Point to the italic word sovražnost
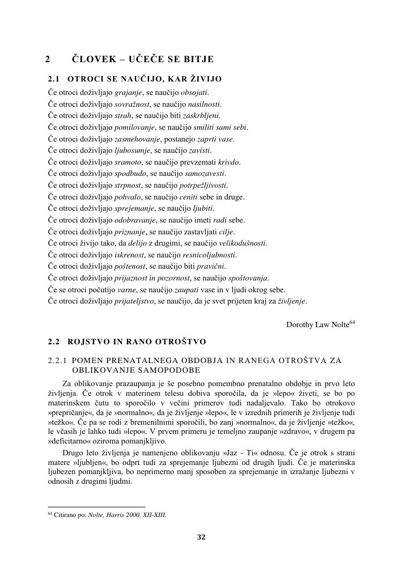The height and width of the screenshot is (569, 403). point(132,104)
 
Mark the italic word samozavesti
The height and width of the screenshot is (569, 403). point(205,174)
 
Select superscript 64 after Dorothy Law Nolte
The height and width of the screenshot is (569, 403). point(352,322)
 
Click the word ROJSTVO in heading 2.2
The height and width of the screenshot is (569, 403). point(92,342)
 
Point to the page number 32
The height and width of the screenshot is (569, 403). point(201,537)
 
